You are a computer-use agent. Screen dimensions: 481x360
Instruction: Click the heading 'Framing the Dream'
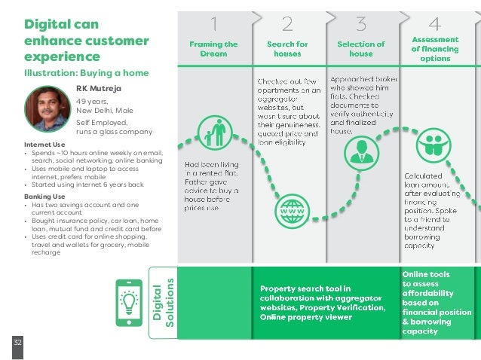(213, 49)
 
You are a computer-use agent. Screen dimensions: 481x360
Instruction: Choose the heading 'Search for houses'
(287, 49)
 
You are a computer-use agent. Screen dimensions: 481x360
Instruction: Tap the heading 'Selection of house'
(361, 49)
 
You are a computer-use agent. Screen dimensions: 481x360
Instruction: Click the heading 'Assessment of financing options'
(435, 49)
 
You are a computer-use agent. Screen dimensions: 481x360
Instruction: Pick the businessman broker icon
(361, 148)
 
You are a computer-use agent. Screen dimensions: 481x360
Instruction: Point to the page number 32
(17, 343)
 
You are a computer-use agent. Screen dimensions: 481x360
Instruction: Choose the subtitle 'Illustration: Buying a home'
(87, 72)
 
